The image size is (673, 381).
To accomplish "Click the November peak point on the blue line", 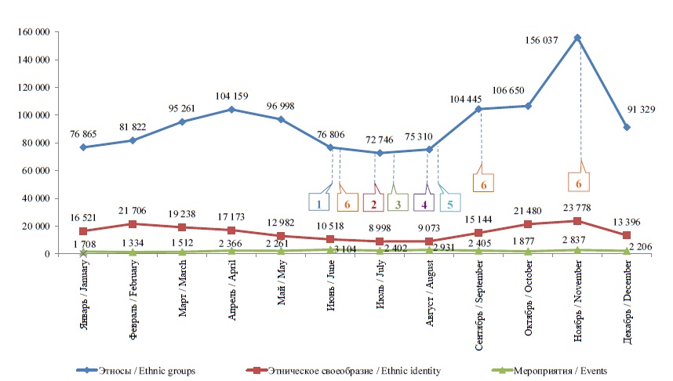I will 577,38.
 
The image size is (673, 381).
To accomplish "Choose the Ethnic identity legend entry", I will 342,370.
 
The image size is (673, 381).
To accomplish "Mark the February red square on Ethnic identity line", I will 133,224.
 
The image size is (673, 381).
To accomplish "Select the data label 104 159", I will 232,96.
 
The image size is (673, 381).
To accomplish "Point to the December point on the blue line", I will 627,127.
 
